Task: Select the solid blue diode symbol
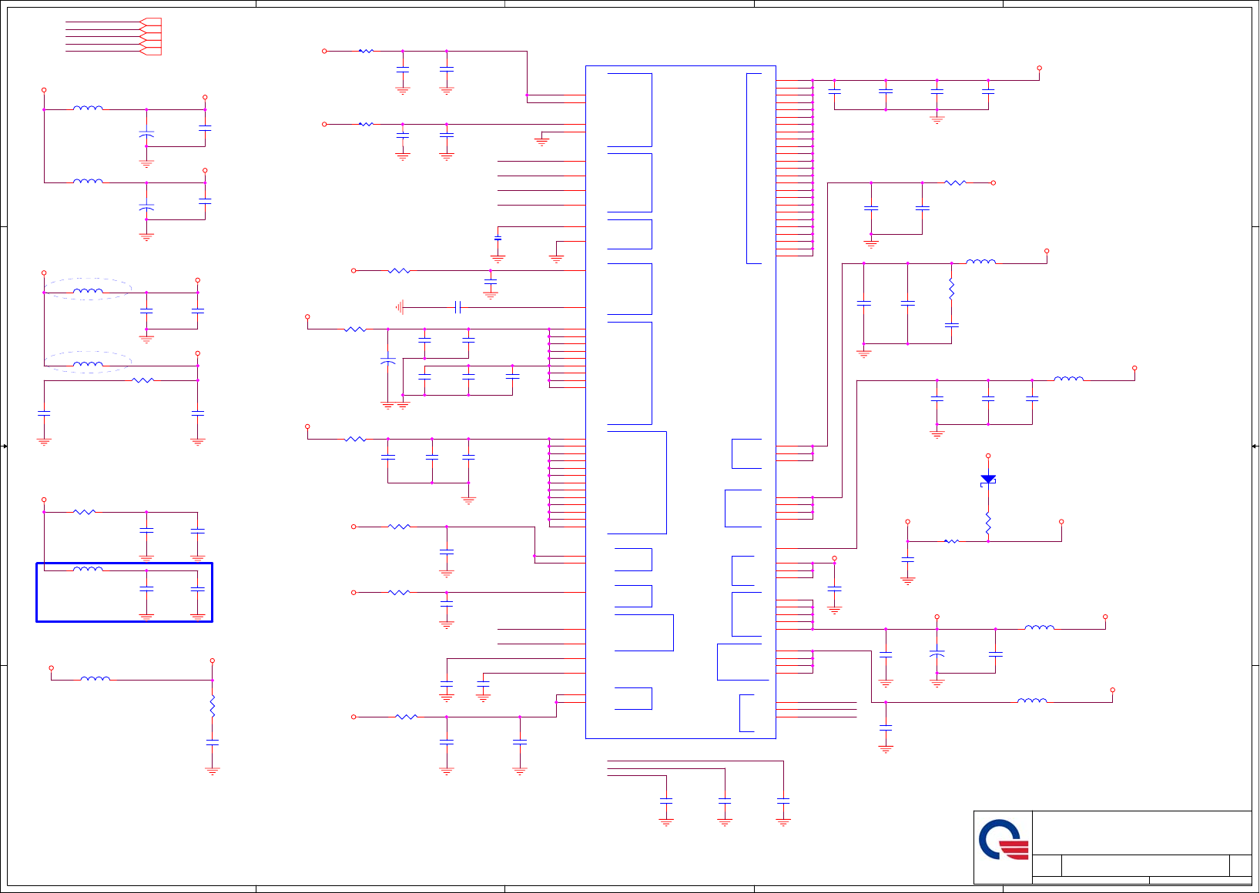pyautogui.click(x=988, y=479)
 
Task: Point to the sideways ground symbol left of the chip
pyautogui.click(x=400, y=307)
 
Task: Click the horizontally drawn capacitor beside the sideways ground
pyautogui.click(x=457, y=307)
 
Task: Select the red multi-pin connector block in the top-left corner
pyautogui.click(x=152, y=36)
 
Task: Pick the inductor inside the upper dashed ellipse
pyautogui.click(x=88, y=291)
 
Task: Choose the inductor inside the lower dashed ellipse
pyautogui.click(x=88, y=363)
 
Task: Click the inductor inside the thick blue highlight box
pyautogui.click(x=88, y=569)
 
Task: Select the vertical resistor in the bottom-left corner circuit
pyautogui.click(x=213, y=707)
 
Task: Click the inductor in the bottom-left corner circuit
pyautogui.click(x=96, y=679)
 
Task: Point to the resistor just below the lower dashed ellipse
pyautogui.click(x=143, y=380)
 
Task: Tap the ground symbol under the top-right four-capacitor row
pyautogui.click(x=937, y=119)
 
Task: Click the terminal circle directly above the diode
pyautogui.click(x=988, y=456)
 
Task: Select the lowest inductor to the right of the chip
pyautogui.click(x=1032, y=701)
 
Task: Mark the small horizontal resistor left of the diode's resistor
pyautogui.click(x=952, y=541)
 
